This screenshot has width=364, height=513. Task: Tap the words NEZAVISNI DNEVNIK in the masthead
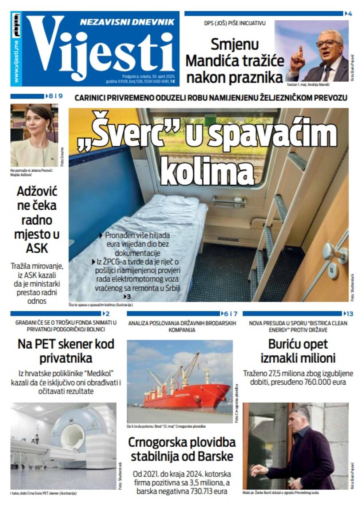[x=127, y=22]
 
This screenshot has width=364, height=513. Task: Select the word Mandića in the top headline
[x=214, y=61]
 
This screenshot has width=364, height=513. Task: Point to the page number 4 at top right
[x=350, y=14]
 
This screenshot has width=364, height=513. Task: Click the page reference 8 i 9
[x=55, y=96]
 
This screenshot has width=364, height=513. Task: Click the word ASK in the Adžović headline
[x=37, y=249]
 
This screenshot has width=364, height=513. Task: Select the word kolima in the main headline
[x=207, y=171]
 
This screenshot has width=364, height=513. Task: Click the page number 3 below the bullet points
[x=128, y=297]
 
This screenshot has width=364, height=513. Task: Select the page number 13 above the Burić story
[x=349, y=314]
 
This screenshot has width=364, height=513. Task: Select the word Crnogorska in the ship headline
[x=157, y=443]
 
